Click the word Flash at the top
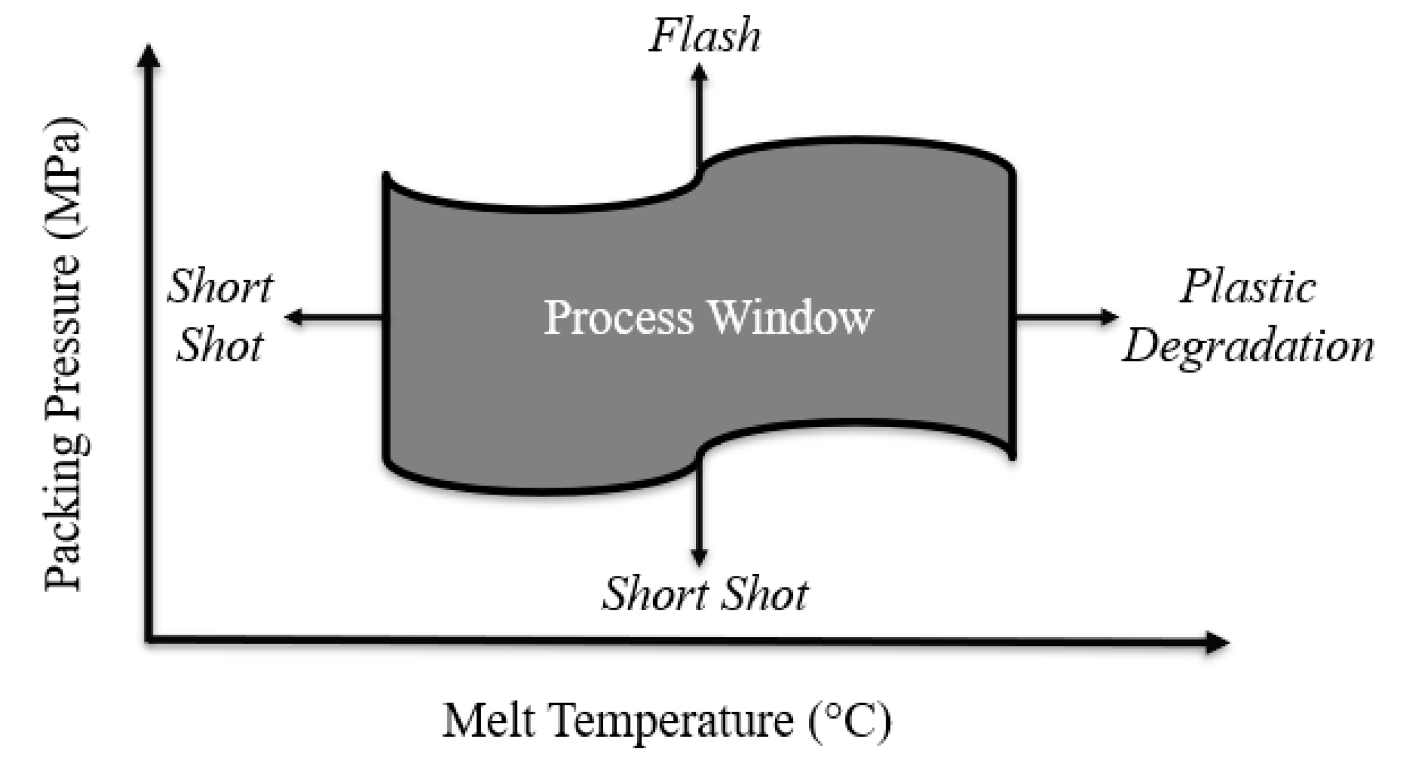(705, 36)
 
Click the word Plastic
(1247, 287)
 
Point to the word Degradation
(1249, 347)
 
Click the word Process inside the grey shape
(619, 318)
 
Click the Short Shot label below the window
(705, 594)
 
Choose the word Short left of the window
(220, 287)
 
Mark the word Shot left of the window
(219, 347)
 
